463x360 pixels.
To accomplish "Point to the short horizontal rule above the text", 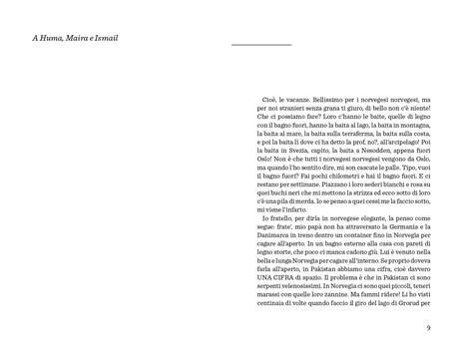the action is tap(260, 45).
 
